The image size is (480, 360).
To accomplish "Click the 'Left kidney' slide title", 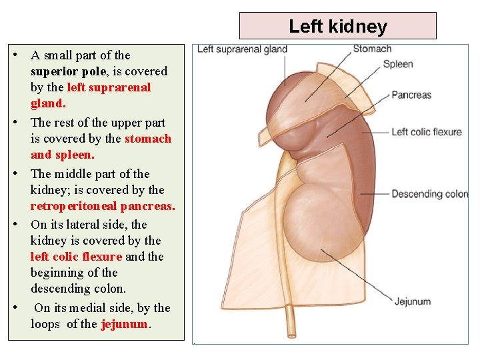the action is click(337, 27).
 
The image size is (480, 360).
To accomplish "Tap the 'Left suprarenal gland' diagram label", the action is click(242, 49).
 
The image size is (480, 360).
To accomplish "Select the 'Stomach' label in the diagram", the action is click(372, 49).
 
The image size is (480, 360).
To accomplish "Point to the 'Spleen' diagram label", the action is click(398, 65).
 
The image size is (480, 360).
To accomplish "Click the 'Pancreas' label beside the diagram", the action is click(411, 95).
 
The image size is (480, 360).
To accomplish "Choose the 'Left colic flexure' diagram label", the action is click(427, 132).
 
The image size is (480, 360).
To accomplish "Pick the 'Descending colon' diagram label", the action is click(430, 195).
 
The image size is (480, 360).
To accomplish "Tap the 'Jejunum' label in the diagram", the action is click(413, 301).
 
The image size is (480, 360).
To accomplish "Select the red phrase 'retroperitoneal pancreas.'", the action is click(103, 206).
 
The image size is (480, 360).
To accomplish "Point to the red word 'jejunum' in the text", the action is click(125, 325).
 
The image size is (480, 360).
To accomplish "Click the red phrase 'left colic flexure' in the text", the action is click(76, 257).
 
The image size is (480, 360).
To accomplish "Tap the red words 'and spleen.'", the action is click(63, 155).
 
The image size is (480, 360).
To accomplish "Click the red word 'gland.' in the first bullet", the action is click(48, 103).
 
